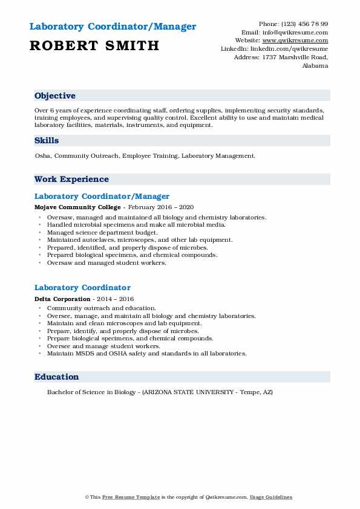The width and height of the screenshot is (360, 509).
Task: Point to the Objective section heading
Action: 55,96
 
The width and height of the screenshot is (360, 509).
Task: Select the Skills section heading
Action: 47,141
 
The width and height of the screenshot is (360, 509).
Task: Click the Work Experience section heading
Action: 71,180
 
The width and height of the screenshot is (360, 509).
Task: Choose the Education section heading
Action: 57,377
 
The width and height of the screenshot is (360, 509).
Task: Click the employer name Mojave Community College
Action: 70,207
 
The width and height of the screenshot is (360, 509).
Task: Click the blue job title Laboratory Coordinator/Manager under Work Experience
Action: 102,196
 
